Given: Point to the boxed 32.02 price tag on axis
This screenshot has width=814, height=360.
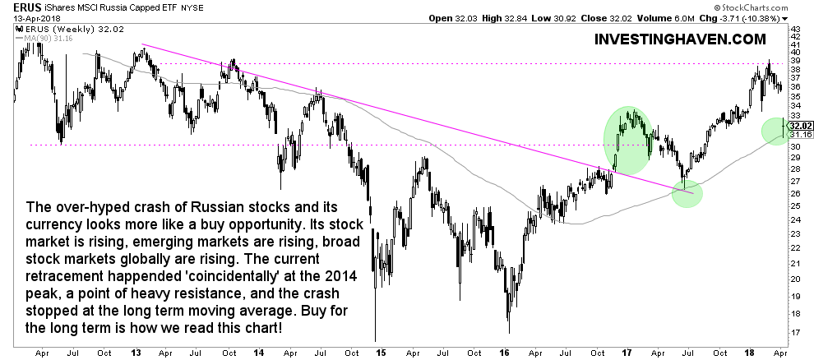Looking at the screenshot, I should point(802,126).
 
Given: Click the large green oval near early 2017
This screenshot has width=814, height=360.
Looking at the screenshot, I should point(629,140).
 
